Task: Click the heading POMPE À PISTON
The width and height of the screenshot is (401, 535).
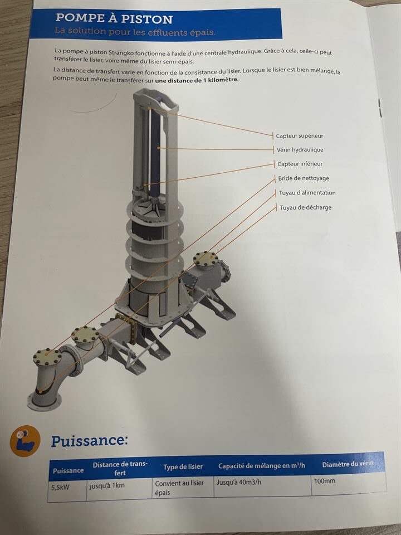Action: [x=114, y=18]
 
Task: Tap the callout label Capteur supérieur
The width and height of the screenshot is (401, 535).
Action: [x=300, y=136]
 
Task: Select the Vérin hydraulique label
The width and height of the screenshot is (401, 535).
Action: [x=300, y=150]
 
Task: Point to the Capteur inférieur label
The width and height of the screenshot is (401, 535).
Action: [x=300, y=164]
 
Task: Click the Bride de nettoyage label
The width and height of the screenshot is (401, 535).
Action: [x=304, y=178]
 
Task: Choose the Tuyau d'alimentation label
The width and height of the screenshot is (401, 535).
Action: [x=307, y=193]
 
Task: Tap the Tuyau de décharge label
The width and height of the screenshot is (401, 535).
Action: [x=306, y=207]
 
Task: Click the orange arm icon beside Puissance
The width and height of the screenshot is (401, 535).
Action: [x=25, y=441]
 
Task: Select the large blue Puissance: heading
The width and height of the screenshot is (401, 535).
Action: [x=89, y=440]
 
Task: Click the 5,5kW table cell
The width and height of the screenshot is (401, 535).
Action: [x=60, y=488]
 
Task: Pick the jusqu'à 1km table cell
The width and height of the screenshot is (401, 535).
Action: [x=107, y=485]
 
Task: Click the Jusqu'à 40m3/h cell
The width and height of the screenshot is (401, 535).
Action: [x=239, y=483]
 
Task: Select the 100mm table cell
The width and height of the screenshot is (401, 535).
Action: [x=325, y=481]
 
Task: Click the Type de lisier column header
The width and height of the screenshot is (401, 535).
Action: [x=183, y=467]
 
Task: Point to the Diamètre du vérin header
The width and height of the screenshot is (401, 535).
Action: [x=348, y=464]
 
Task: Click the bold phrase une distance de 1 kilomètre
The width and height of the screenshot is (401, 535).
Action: [x=197, y=80]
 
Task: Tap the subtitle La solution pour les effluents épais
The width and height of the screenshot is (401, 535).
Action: [x=135, y=31]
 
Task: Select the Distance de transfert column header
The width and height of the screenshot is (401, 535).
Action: [x=120, y=469]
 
